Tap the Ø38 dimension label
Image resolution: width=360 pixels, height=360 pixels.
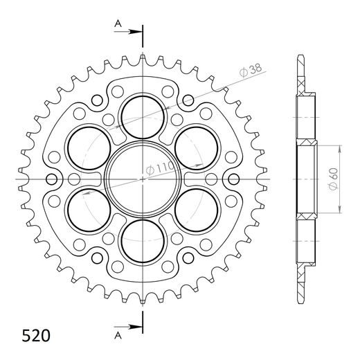pyautogui.click(x=250, y=70)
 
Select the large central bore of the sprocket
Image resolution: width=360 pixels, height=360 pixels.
pyautogui.click(x=143, y=179)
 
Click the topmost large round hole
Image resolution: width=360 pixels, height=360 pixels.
pyautogui.click(x=143, y=115)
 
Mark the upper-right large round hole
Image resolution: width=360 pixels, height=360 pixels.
pyautogui.click(x=197, y=147)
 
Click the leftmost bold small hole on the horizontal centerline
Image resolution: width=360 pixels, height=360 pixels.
pyautogui.click(x=51, y=179)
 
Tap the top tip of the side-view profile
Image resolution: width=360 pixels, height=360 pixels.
pyautogui.click(x=303, y=55)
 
